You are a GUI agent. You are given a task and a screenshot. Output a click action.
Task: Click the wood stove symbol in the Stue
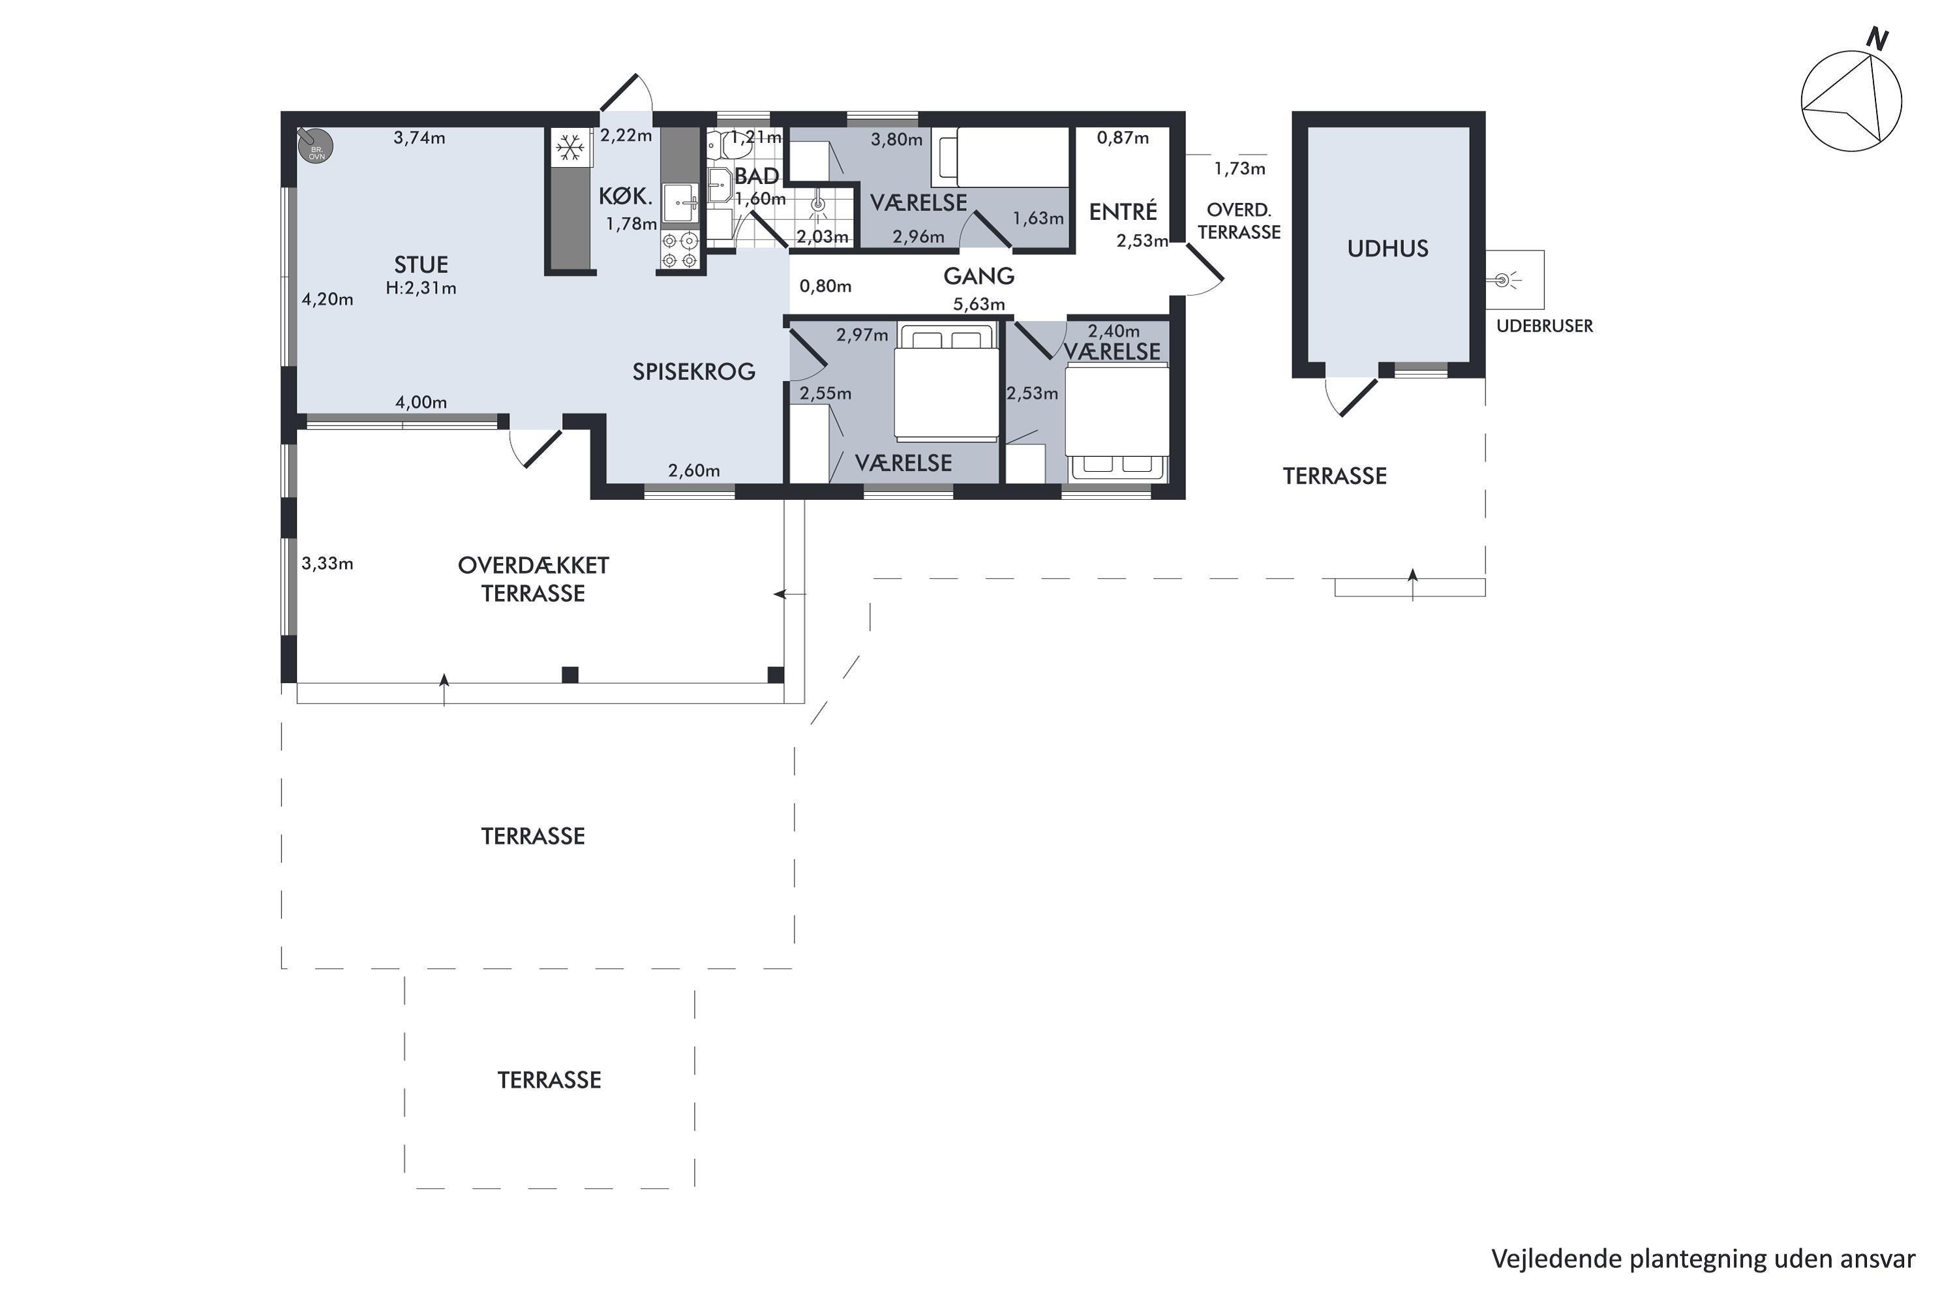(315, 145)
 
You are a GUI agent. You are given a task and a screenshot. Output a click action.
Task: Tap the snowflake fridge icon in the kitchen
(570, 148)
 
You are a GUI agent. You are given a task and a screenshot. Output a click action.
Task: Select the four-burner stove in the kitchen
(679, 251)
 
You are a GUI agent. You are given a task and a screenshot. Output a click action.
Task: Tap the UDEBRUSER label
(1544, 326)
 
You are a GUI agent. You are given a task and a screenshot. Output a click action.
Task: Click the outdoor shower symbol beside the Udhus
(1504, 280)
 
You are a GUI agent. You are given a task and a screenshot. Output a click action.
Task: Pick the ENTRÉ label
(1123, 211)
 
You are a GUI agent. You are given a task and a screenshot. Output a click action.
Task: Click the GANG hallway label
(978, 275)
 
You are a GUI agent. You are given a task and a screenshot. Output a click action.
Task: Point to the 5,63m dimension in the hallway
(978, 304)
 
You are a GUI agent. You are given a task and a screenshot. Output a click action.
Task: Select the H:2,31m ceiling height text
(421, 288)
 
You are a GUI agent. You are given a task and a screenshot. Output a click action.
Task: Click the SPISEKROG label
(694, 371)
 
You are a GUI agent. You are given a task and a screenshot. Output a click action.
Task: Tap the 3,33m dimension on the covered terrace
(327, 564)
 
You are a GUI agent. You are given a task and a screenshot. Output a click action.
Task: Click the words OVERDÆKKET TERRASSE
(534, 579)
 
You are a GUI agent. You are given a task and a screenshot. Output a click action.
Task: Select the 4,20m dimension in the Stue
(327, 299)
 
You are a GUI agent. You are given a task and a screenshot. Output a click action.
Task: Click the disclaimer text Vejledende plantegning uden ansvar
(1703, 1260)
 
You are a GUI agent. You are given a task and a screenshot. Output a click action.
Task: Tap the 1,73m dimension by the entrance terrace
(1240, 169)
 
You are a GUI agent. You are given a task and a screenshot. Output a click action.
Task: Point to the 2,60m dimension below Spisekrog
(694, 471)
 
